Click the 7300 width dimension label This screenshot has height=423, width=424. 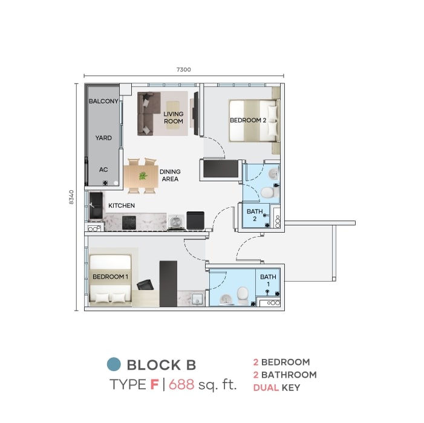click(184, 69)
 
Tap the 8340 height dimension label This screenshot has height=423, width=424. click(71, 197)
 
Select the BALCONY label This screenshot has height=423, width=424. click(103, 102)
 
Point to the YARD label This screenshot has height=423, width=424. click(103, 138)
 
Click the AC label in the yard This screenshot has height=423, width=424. click(103, 170)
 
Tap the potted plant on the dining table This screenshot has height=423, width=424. click(143, 176)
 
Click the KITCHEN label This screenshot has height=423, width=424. click(122, 205)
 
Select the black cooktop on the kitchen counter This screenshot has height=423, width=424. click(129, 223)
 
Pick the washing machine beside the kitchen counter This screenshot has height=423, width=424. click(176, 222)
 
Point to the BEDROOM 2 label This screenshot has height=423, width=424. click(248, 120)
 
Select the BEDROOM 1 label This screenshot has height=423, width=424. click(110, 277)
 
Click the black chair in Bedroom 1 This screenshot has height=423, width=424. click(145, 285)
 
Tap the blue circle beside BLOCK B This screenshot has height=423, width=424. click(114, 364)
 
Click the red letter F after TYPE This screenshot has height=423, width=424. click(154, 384)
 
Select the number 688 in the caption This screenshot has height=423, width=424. click(181, 384)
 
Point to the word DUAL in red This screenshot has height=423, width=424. click(266, 387)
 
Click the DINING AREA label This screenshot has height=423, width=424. click(170, 175)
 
